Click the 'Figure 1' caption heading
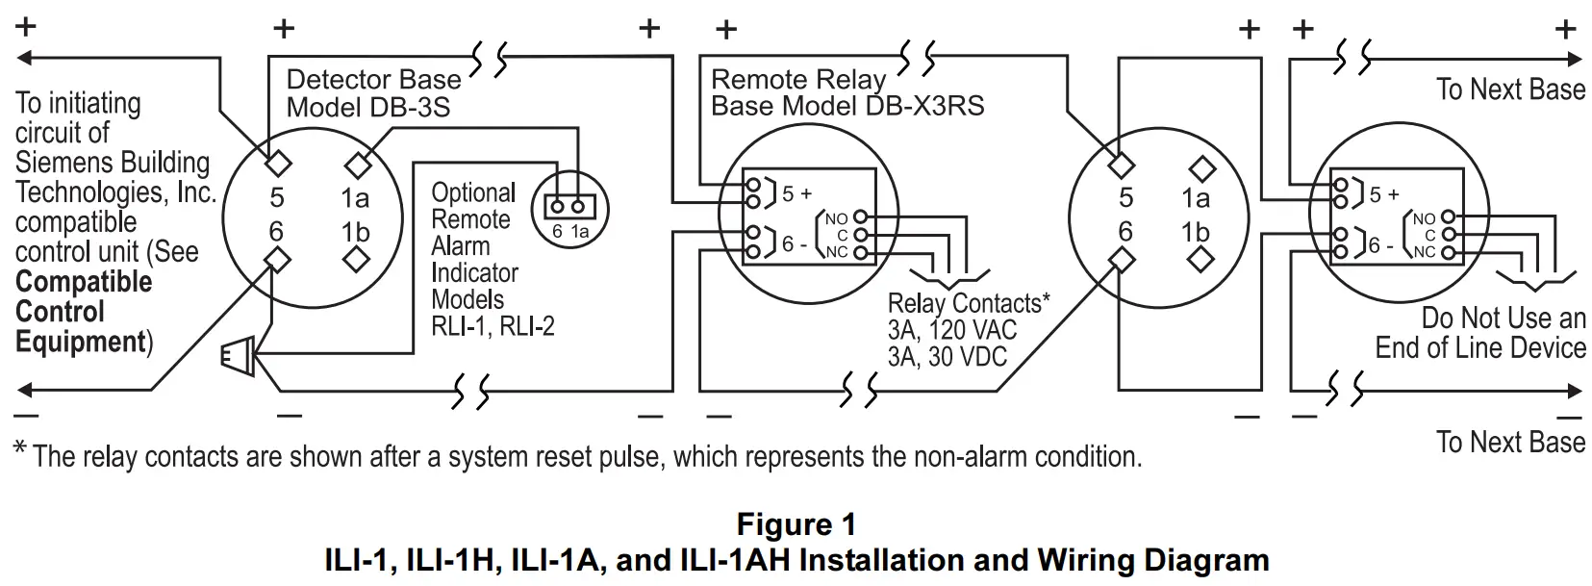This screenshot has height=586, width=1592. click(x=796, y=524)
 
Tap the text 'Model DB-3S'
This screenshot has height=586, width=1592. click(x=367, y=107)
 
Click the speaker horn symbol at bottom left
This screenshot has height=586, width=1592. click(x=238, y=357)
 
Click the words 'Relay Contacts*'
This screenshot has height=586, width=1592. click(x=968, y=304)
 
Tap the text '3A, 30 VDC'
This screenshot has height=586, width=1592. click(x=947, y=357)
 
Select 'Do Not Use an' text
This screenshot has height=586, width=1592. click(x=1503, y=318)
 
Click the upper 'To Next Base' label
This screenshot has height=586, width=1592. click(x=1510, y=89)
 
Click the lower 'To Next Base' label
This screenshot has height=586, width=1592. click(x=1510, y=443)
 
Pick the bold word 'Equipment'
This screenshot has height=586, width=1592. click(x=80, y=342)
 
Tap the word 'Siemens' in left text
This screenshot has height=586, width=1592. click(x=60, y=163)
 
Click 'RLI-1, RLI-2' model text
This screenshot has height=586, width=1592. click(x=493, y=326)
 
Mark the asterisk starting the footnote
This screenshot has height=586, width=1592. click(x=20, y=449)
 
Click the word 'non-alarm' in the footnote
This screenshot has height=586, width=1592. click(x=981, y=456)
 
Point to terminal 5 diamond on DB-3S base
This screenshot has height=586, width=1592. click(x=278, y=162)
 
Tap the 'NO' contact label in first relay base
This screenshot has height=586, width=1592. click(x=836, y=218)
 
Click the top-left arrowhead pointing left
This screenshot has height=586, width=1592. click(x=25, y=58)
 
